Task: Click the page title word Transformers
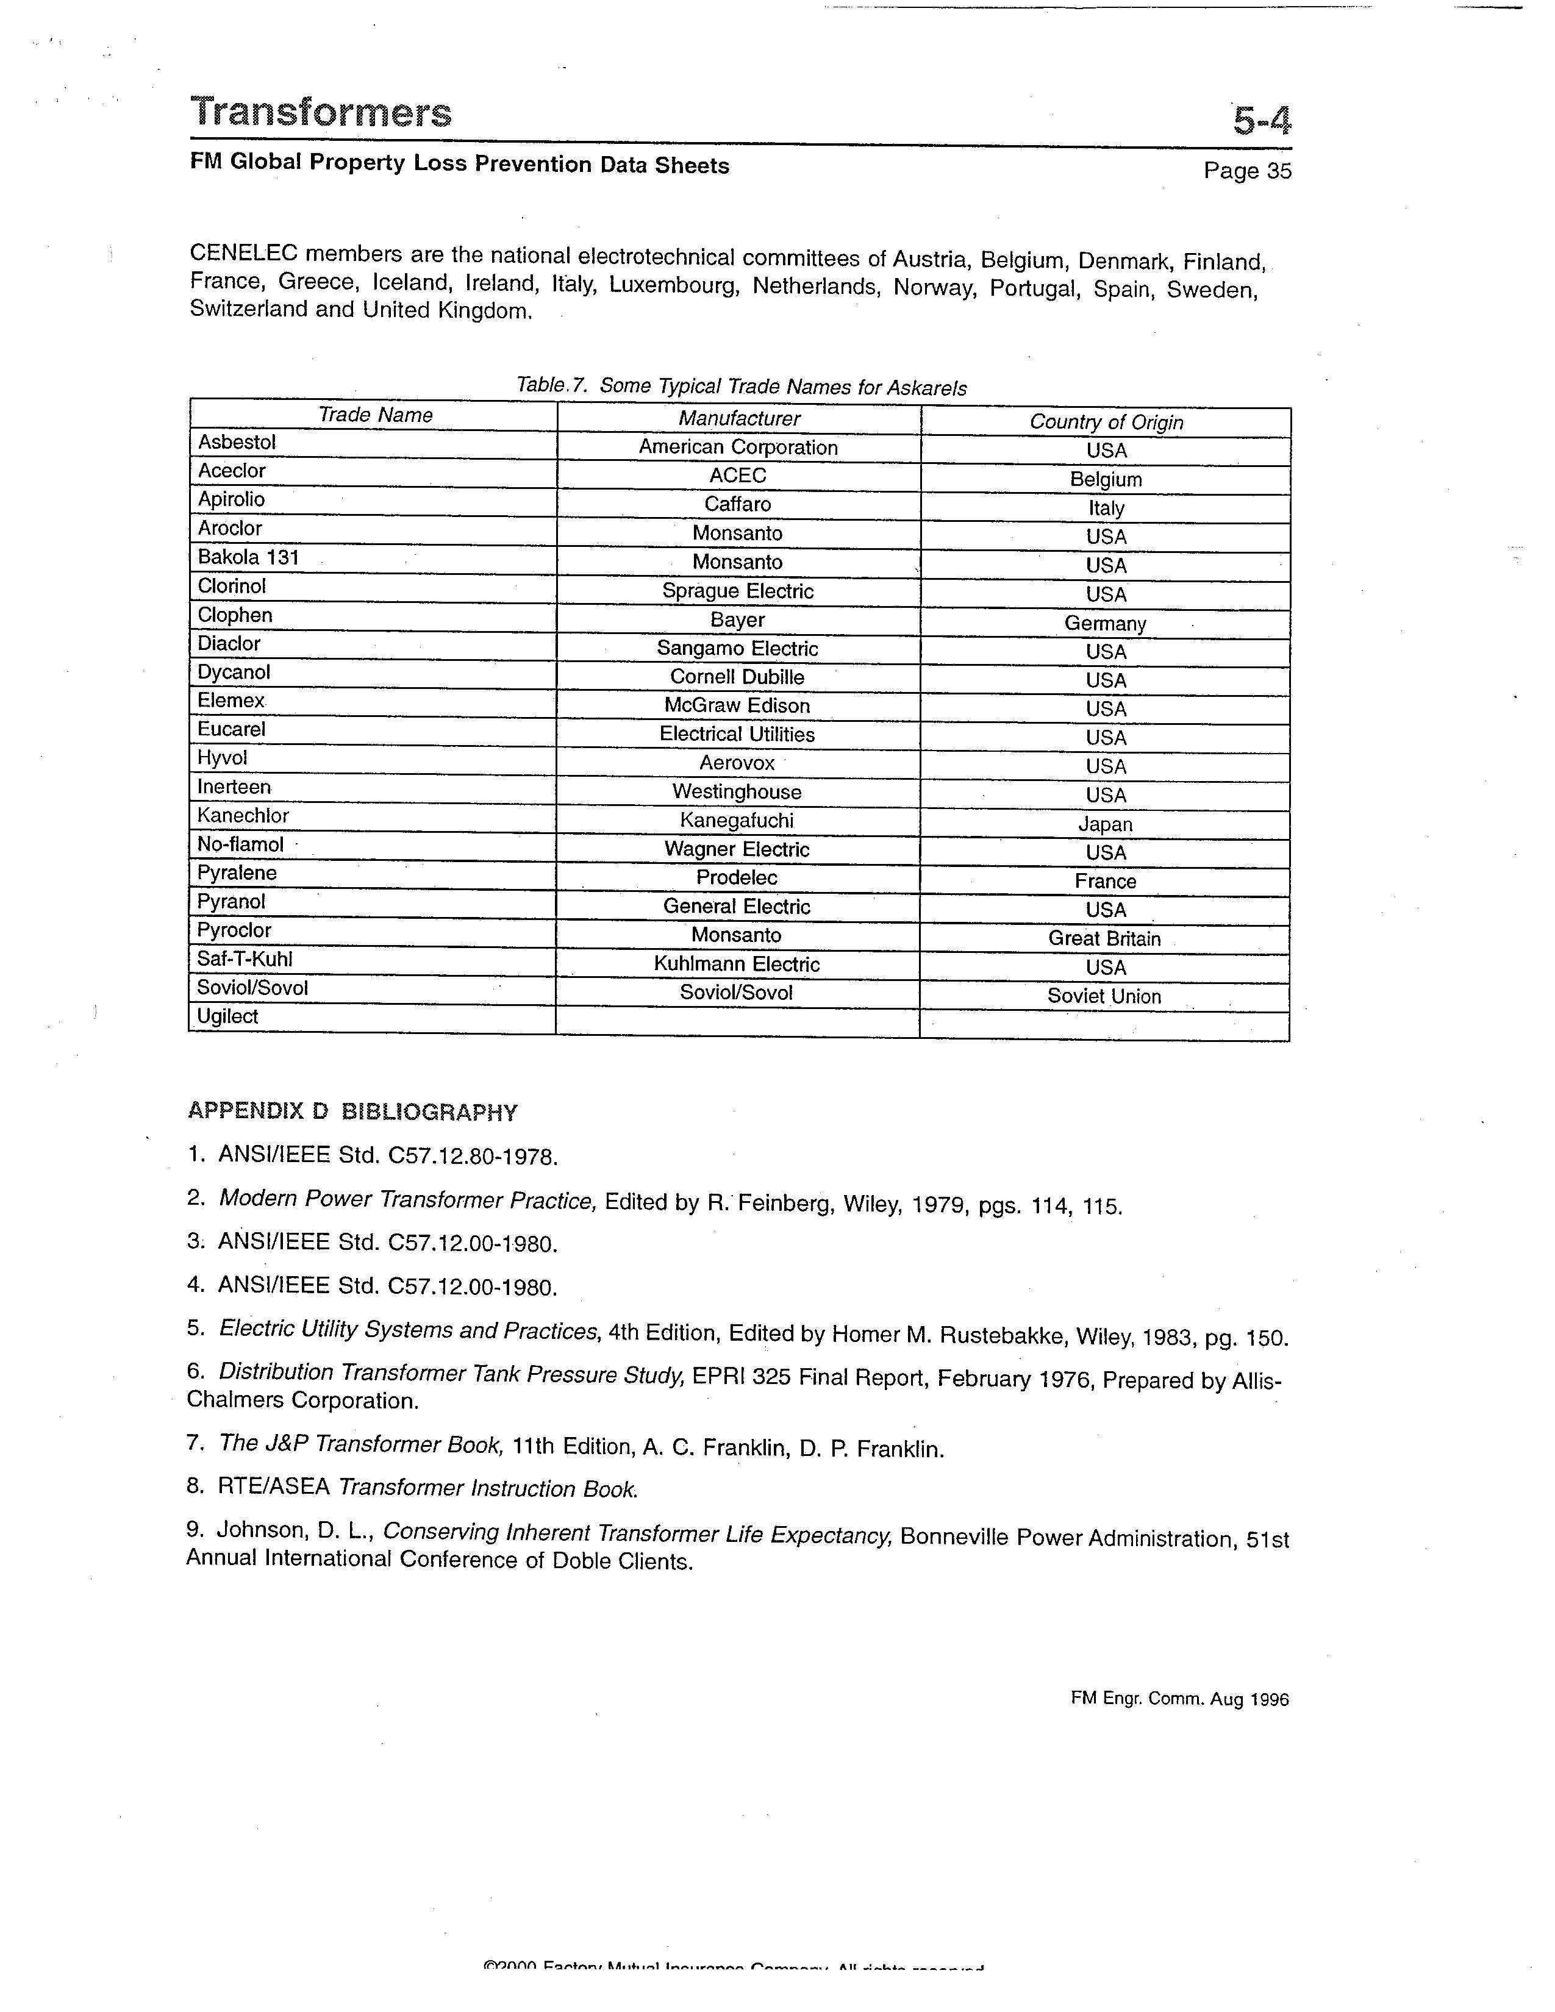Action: [x=321, y=112]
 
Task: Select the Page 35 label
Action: [x=1247, y=171]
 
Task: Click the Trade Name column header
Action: [x=375, y=415]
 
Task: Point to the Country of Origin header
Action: [x=1106, y=422]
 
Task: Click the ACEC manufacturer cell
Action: [x=738, y=476]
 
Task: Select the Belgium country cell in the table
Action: [x=1106, y=479]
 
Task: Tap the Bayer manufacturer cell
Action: [x=737, y=620]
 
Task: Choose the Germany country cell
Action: [x=1106, y=624]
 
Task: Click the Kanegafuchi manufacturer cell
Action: [x=737, y=820]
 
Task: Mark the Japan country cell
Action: [x=1106, y=824]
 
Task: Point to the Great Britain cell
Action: [x=1104, y=939]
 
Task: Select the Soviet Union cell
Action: [x=1104, y=996]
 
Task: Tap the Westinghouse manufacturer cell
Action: [x=737, y=791]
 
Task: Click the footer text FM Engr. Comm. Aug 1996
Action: [x=1179, y=1699]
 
